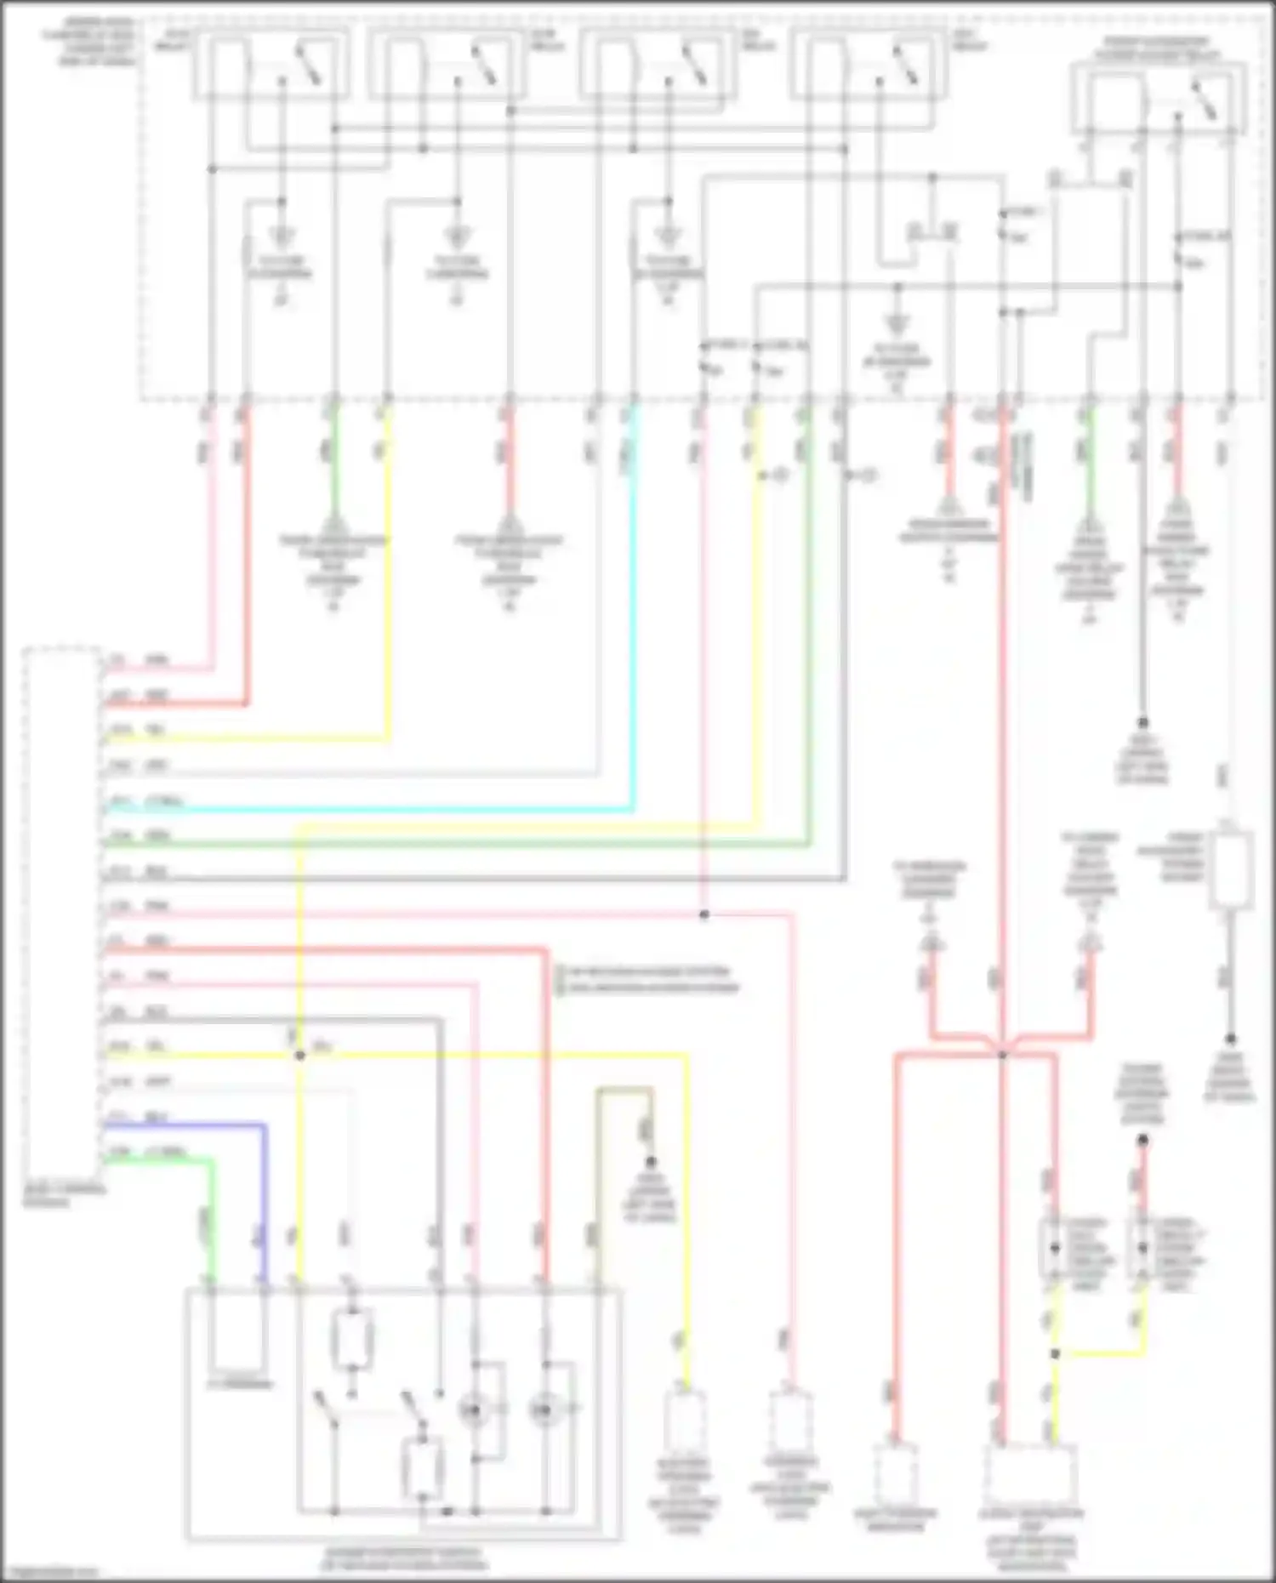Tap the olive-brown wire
coord(625,1089)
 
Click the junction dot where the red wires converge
coord(1002,1056)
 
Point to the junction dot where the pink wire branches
coord(704,914)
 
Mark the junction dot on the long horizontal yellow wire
coord(299,1056)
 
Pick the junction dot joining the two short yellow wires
coord(1055,1353)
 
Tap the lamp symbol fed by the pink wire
coord(473,1410)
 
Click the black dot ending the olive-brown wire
coord(651,1162)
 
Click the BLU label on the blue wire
coord(157,1118)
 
